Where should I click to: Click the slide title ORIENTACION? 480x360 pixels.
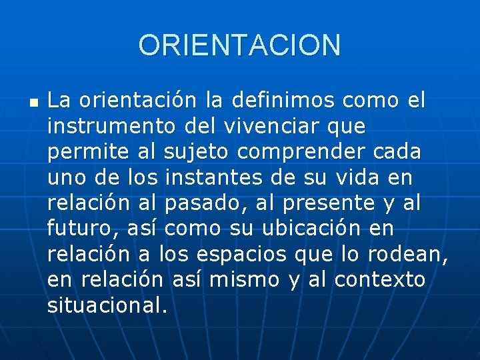pos(239,45)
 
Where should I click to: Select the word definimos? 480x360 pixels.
pos(284,101)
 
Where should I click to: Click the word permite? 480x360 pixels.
pos(89,151)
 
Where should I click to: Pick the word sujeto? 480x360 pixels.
pos(197,152)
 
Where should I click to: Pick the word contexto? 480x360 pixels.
pos(379,279)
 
